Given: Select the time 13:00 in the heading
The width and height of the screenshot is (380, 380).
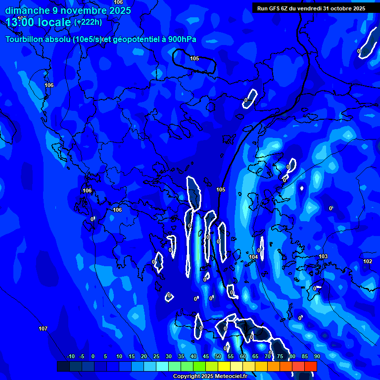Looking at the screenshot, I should [x=21, y=22].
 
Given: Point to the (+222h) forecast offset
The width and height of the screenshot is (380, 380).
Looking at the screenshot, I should [x=88, y=22].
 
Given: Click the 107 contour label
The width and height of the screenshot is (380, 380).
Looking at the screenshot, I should [x=43, y=329].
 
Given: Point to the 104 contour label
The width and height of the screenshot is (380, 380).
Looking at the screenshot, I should [x=253, y=257].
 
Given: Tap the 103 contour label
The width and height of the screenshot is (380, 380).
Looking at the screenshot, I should [x=323, y=256].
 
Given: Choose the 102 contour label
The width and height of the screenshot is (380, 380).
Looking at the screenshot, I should [x=368, y=261].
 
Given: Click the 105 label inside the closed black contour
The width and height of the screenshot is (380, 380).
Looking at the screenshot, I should [x=194, y=58].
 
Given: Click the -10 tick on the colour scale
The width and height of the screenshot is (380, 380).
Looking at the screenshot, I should [x=70, y=356].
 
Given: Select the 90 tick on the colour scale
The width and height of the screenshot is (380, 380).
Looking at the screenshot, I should [x=317, y=356].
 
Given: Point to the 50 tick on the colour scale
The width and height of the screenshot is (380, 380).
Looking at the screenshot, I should [x=218, y=356].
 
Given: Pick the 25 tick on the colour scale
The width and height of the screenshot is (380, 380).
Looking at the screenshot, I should [x=156, y=356].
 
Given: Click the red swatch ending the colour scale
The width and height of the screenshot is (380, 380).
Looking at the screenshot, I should [x=311, y=366].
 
